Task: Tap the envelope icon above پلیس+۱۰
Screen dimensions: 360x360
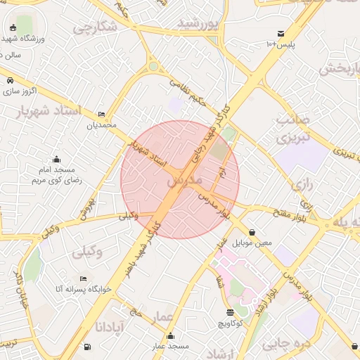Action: (x=281, y=33)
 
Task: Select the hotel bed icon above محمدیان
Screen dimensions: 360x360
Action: (x=102, y=114)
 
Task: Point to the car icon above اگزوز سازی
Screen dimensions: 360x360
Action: (x=11, y=80)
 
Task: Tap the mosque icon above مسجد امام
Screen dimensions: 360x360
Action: (x=56, y=159)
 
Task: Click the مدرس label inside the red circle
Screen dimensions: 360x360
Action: (x=184, y=181)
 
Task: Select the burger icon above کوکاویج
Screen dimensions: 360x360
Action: (x=230, y=312)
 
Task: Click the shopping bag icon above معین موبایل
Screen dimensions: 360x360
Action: (x=252, y=232)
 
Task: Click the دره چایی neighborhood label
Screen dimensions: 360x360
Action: (x=285, y=343)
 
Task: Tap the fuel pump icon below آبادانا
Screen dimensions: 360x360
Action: (x=86, y=347)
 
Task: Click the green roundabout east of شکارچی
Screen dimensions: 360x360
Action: (x=153, y=67)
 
